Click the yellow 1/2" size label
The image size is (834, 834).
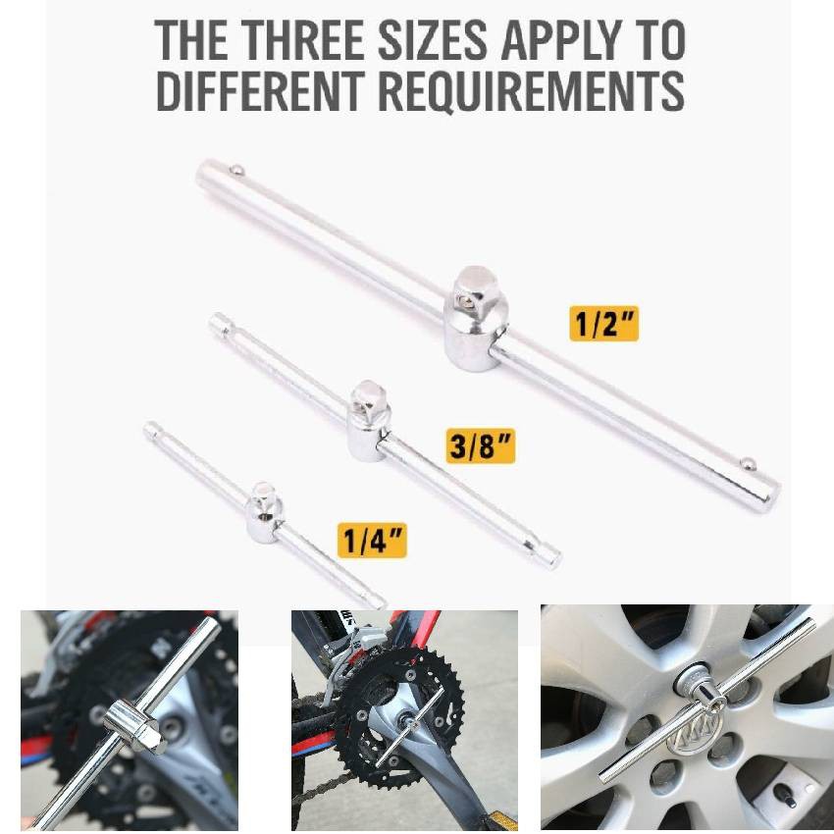(603, 324)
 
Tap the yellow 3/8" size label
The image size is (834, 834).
(481, 445)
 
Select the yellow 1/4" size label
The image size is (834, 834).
(372, 541)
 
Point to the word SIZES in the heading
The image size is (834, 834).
(433, 41)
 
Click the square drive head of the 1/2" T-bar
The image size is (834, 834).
(475, 318)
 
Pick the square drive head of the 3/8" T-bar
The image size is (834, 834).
(369, 421)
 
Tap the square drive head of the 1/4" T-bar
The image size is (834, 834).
(264, 512)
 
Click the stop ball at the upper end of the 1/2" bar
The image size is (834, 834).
(236, 171)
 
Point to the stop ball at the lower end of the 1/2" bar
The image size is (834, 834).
(749, 464)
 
